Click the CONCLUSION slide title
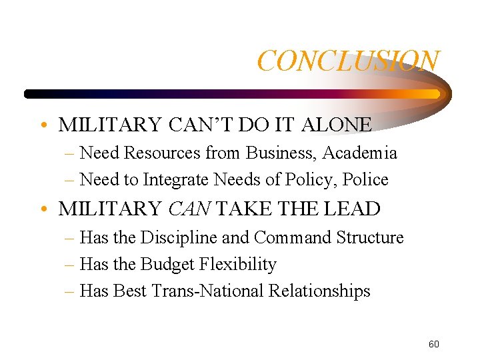(348, 61)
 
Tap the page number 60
(433, 344)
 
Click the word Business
(281, 153)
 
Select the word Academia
(360, 153)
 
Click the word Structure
(370, 237)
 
